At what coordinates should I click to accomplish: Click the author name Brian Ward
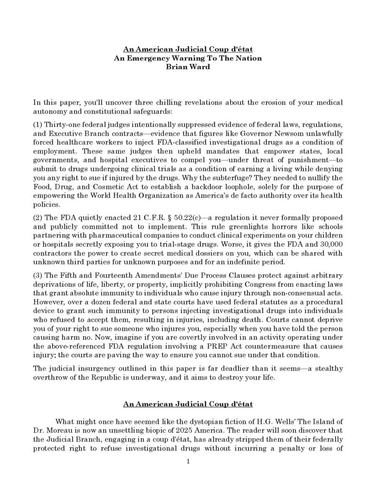188,67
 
